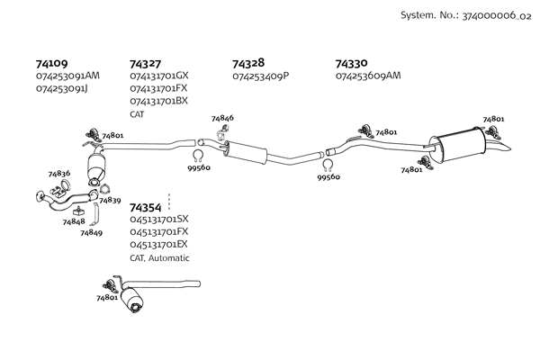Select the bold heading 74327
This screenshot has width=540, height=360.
(145, 64)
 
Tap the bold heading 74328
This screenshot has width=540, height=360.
(247, 64)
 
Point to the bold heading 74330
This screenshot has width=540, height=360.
(351, 64)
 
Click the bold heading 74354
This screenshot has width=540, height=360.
(145, 207)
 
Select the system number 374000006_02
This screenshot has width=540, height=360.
(497, 16)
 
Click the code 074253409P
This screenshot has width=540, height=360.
(261, 76)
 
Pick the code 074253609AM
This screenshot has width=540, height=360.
(367, 76)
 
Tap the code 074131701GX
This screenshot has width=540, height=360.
(159, 76)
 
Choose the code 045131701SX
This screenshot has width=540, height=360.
(159, 220)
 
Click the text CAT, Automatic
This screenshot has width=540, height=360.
(159, 257)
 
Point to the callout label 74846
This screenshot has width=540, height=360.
(222, 119)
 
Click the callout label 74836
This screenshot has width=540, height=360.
(58, 173)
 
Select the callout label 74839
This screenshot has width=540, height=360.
(111, 200)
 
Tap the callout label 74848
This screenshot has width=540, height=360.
(74, 221)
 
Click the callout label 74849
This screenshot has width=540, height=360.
(91, 233)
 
